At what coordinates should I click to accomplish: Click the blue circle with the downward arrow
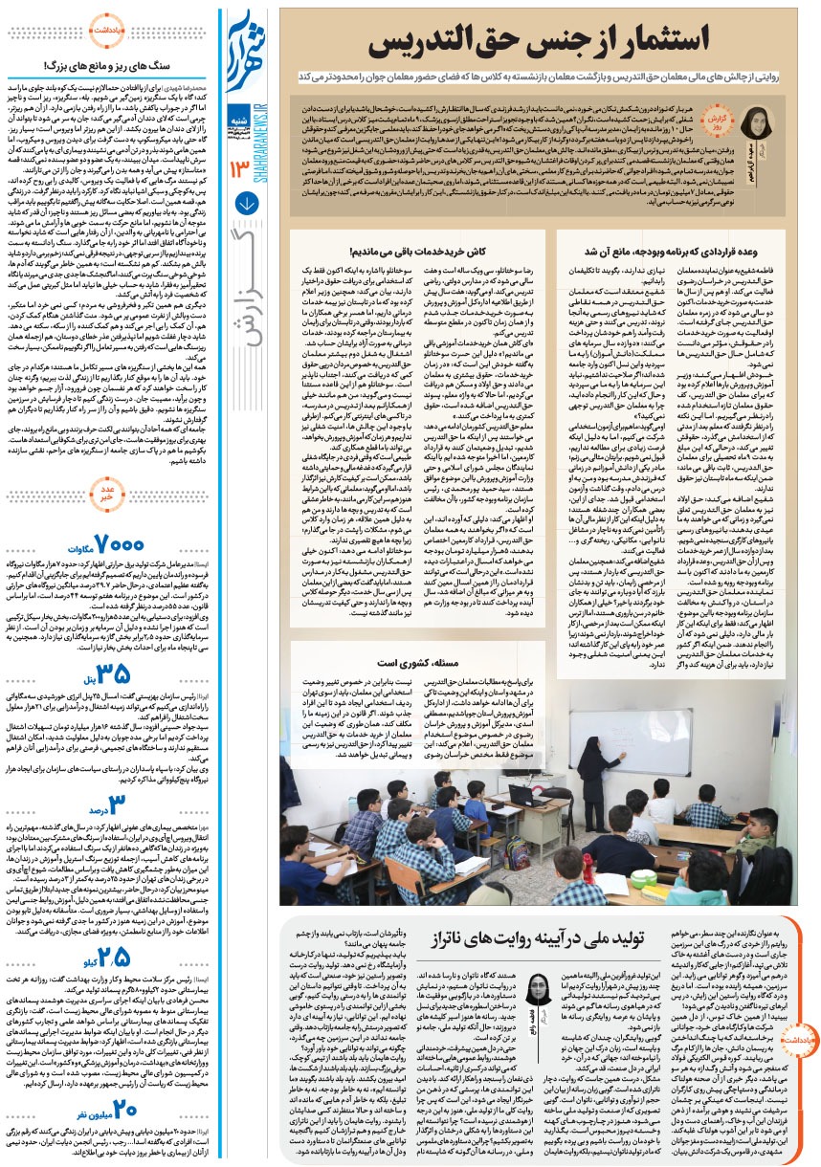click(x=245, y=203)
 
